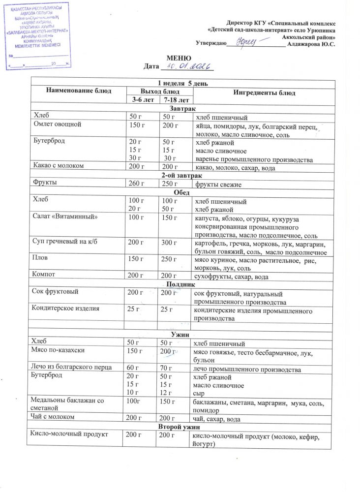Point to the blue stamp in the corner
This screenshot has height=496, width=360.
pos(37,35)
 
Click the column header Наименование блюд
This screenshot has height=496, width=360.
pos(79,91)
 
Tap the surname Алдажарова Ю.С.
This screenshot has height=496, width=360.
pos(311,44)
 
